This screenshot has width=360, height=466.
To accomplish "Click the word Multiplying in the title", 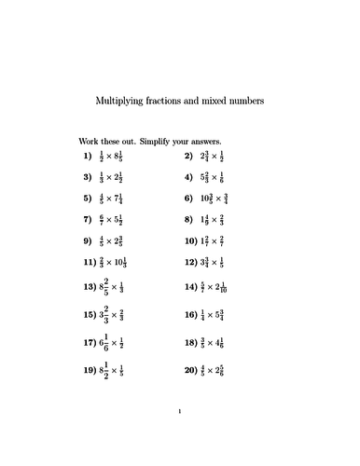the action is tap(123, 100).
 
